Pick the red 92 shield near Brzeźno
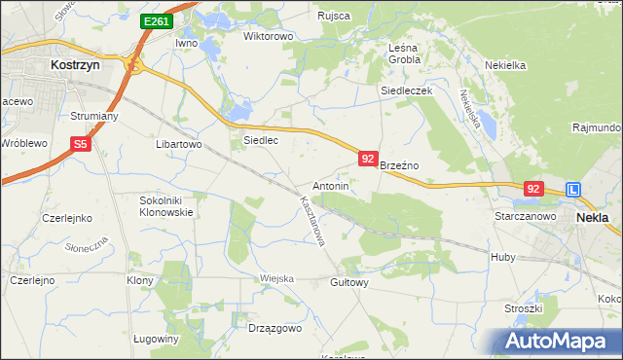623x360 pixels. [x=367, y=158]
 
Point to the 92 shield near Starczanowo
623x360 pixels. [x=532, y=189]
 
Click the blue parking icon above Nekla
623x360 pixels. [x=574, y=191]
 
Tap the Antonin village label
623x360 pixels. [x=330, y=185]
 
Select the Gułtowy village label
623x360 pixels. [x=348, y=282]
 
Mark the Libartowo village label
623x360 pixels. [x=178, y=144]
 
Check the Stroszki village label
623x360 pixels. [x=523, y=308]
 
